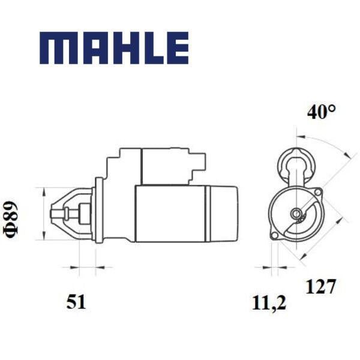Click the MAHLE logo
click(x=114, y=48)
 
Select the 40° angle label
click(x=322, y=112)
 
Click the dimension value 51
click(x=76, y=302)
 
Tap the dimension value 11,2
click(x=269, y=303)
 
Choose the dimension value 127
click(x=321, y=286)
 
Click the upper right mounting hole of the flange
click(x=318, y=192)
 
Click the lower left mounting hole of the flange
click(x=274, y=236)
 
